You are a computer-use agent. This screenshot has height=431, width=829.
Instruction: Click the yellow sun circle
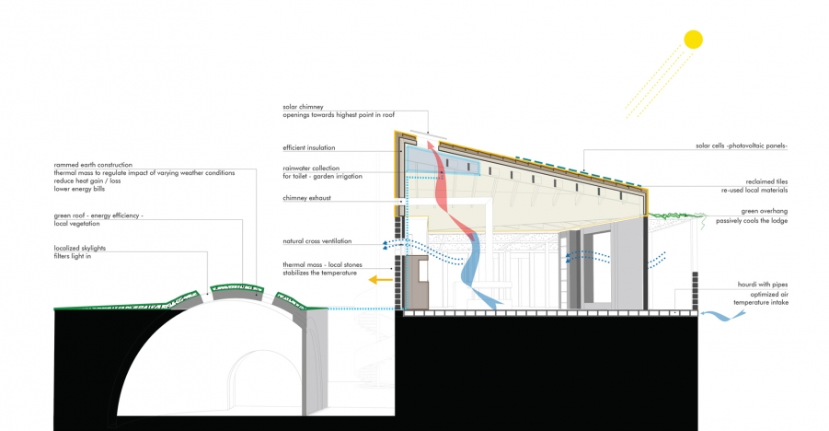(693, 39)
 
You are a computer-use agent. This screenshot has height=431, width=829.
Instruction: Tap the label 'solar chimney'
(303, 107)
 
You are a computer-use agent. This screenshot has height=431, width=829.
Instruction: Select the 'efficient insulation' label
(309, 147)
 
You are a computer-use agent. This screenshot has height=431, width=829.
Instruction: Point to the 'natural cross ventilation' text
(318, 241)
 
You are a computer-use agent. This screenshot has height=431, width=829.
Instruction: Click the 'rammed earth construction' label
(93, 165)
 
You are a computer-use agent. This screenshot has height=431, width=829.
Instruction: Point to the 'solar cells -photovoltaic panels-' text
(741, 146)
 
